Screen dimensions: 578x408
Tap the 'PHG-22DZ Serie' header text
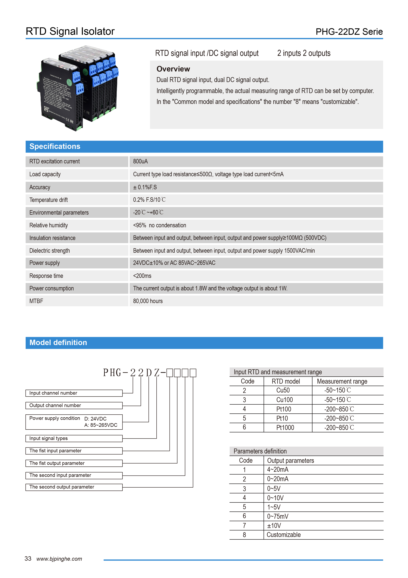[349, 32]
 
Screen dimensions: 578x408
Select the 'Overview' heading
[173, 69]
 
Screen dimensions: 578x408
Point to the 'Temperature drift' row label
[49, 200]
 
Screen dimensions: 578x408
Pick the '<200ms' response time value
[142, 276]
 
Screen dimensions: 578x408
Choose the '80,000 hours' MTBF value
[148, 301]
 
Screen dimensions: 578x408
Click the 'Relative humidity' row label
[49, 225]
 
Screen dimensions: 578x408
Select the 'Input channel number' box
[74, 393]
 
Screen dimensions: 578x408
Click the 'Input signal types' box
[74, 438]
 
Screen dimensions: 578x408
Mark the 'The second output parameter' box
[74, 487]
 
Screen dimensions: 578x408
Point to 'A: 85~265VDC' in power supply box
[101, 425]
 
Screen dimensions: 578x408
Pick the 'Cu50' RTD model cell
[283, 390]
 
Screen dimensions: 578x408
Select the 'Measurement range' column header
[342, 381]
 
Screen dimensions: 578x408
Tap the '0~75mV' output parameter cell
[278, 517]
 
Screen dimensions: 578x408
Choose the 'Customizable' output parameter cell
[284, 535]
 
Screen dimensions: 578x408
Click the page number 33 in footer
[28, 559]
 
